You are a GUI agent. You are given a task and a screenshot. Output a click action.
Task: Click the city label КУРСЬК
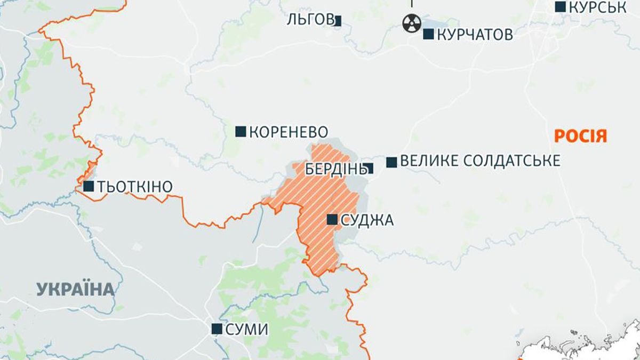click(x=597, y=7)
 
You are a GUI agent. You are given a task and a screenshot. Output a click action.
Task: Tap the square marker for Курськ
click(x=560, y=7)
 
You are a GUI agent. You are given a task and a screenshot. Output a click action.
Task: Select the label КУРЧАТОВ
click(x=475, y=35)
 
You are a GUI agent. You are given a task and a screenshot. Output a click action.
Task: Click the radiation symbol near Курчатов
click(x=411, y=23)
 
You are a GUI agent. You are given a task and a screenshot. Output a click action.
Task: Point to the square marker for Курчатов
click(x=428, y=34)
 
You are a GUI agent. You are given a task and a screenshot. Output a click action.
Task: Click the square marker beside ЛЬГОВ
click(x=338, y=21)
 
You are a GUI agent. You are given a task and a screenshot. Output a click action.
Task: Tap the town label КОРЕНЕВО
click(x=288, y=132)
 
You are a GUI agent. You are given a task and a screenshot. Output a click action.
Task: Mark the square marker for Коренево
click(x=241, y=131)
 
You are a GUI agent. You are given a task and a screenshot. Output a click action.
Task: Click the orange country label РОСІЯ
click(x=581, y=136)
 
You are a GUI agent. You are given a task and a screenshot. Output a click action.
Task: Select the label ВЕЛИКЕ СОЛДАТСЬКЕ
click(x=480, y=161)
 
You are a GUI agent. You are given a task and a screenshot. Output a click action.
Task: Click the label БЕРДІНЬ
click(x=334, y=169)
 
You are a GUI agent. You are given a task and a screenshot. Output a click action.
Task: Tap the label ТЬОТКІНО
click(x=135, y=187)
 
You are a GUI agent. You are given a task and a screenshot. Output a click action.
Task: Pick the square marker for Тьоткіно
click(x=89, y=186)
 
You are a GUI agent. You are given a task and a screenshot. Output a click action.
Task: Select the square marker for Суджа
click(x=332, y=219)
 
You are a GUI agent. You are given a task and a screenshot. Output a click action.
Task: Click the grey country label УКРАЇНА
click(x=76, y=290)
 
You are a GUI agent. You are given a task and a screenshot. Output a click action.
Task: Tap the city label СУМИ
click(x=247, y=330)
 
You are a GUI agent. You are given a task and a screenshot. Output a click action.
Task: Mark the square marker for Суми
click(x=217, y=329)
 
